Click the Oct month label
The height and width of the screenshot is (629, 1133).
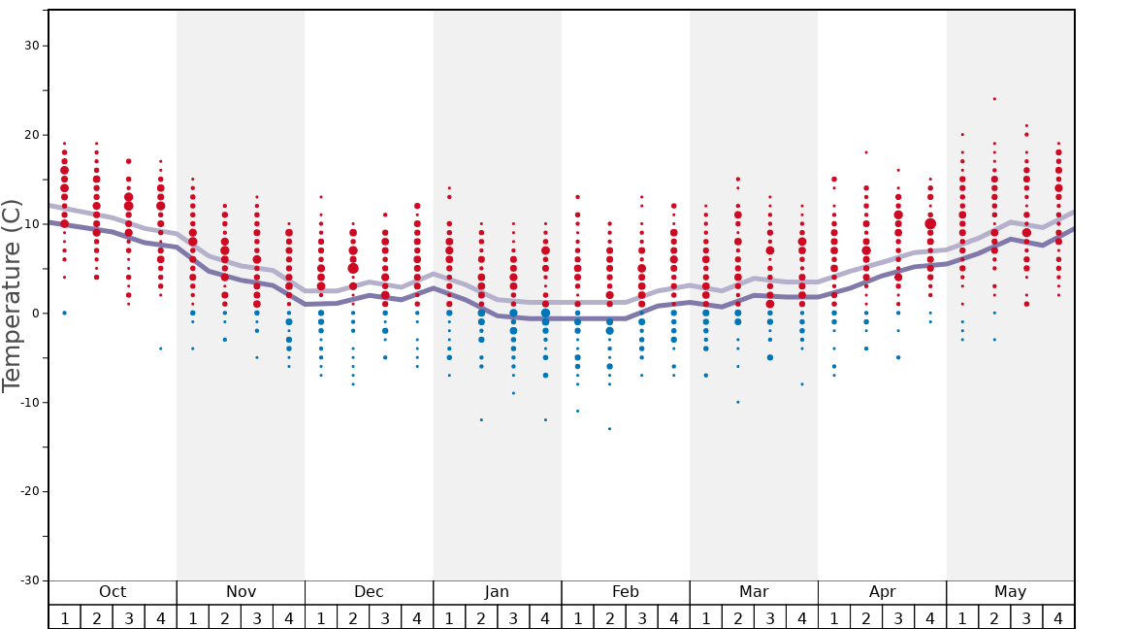coord(113,592)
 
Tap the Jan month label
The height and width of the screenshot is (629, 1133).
coord(497,592)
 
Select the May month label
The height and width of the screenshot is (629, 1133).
coord(1010,592)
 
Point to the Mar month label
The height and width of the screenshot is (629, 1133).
coord(754,592)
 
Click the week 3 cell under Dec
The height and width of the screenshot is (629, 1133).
coord(385,617)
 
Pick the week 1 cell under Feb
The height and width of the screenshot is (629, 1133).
coord(577,617)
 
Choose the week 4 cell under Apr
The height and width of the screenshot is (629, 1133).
coord(930,617)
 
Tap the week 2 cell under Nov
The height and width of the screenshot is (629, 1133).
coord(225,617)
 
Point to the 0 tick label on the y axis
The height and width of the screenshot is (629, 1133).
coord(37,313)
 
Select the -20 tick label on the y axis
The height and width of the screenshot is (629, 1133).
coord(27,491)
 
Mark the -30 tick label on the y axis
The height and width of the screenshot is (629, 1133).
coord(27,580)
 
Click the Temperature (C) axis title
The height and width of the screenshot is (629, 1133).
coord(12,295)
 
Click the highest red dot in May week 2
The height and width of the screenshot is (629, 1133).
coord(994,99)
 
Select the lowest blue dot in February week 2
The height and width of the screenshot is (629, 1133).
coord(609,429)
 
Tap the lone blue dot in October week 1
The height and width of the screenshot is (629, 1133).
coord(64,313)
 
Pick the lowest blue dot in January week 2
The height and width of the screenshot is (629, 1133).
coord(481,419)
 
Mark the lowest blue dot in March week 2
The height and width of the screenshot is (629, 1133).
coord(737,402)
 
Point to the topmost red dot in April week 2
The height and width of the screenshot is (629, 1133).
coord(866,152)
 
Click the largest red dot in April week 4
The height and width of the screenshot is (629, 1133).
coord(930,223)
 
